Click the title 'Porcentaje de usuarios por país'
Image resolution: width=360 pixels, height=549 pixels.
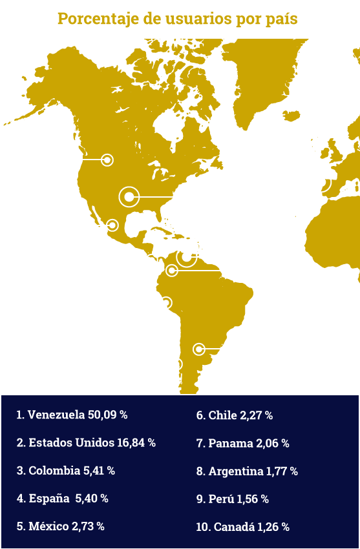pos(178,19)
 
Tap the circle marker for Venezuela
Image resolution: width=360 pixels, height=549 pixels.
pos(187,257)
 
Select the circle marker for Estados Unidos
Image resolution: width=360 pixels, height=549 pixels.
pos(129,196)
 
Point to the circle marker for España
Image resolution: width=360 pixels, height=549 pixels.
pos(321,182)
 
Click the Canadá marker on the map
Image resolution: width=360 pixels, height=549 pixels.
pos(107,160)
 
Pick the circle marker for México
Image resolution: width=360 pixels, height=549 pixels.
pos(112,225)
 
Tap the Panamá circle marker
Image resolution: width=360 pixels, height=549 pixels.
pos(152,260)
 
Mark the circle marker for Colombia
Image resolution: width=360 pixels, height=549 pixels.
pos(171,271)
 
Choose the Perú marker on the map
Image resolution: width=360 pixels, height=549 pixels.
pos(166,302)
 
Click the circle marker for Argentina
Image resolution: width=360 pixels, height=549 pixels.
pos(199,349)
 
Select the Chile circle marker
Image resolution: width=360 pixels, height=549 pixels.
pos(176,364)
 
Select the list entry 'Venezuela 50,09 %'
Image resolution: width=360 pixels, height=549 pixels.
pos(72,415)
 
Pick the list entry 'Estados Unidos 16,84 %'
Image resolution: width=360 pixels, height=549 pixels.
pos(86,443)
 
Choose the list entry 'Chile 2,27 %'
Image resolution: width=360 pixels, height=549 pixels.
pos(234,415)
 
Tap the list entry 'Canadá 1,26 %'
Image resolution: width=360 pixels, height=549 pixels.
pos(242,527)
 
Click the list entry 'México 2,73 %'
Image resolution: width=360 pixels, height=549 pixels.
pos(60,526)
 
